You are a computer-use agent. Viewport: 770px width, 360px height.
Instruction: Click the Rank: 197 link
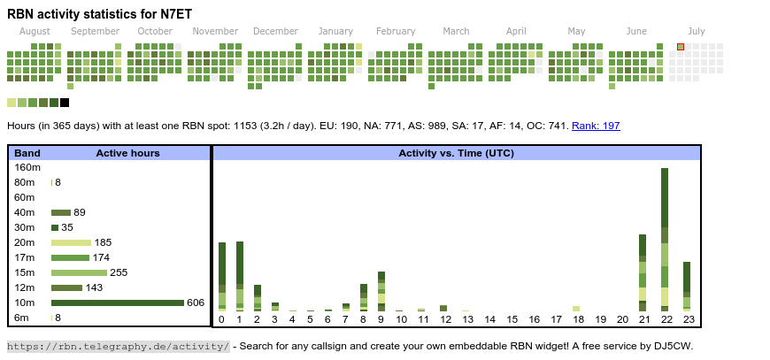point(596,126)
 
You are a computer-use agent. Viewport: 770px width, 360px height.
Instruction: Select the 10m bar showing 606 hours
point(117,303)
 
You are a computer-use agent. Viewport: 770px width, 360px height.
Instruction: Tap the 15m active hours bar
point(79,272)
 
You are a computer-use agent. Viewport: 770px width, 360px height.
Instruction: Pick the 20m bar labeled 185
point(71,242)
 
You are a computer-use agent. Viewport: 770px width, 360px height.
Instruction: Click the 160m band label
point(27,167)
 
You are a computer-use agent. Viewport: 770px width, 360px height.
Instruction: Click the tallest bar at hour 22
point(665,239)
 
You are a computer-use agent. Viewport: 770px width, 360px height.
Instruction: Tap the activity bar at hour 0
point(222,276)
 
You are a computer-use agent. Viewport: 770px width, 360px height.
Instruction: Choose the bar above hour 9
point(381,291)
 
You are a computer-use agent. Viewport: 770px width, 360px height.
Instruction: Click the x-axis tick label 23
point(687,319)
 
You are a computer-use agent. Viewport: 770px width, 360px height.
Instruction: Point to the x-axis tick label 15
point(512,319)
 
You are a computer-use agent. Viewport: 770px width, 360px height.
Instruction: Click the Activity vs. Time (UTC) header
point(456,153)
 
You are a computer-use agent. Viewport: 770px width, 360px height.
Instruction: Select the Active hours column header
point(127,153)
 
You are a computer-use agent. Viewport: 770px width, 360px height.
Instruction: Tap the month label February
point(395,31)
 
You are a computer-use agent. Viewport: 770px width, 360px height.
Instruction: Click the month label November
point(215,31)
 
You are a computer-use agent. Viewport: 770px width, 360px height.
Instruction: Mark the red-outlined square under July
point(681,47)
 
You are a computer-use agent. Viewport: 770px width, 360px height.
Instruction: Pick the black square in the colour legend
point(65,103)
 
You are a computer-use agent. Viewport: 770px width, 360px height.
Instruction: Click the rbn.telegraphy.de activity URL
point(119,346)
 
